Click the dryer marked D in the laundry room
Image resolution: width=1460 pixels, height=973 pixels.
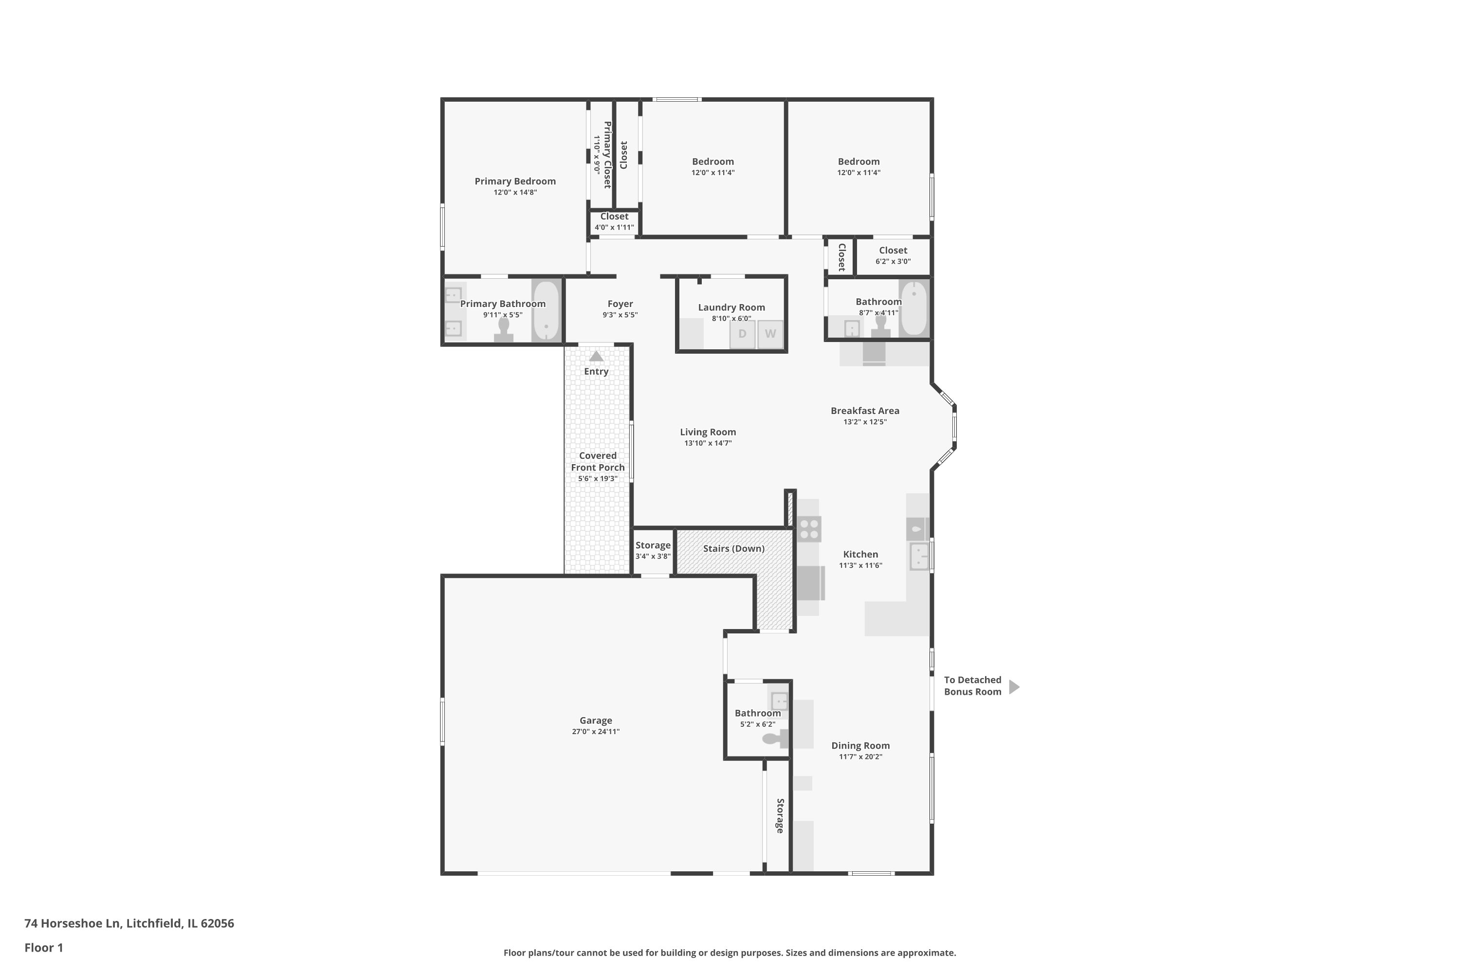(742, 335)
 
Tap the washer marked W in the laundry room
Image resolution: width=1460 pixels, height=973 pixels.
(770, 335)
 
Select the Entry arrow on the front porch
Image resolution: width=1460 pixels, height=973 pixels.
(596, 357)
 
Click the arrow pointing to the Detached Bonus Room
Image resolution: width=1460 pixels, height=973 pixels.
(1014, 687)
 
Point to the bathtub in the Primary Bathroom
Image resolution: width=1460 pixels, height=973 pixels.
(546, 310)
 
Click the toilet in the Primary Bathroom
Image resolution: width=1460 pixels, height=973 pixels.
(503, 329)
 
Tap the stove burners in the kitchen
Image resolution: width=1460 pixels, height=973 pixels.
(809, 529)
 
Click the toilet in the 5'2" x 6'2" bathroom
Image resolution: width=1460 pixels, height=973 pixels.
(774, 739)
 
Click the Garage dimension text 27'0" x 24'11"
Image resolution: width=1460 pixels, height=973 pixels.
(595, 732)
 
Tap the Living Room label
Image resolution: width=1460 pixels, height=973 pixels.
(708, 432)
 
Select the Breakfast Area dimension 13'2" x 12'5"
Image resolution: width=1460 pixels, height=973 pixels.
(865, 422)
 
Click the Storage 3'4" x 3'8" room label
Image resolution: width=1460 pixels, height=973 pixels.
(653, 545)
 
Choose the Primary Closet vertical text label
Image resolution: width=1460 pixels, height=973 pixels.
(607, 155)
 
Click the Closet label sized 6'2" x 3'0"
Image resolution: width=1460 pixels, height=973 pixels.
(893, 251)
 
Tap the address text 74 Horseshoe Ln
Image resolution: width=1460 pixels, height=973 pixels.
(129, 923)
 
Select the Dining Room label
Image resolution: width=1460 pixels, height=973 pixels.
(860, 746)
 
